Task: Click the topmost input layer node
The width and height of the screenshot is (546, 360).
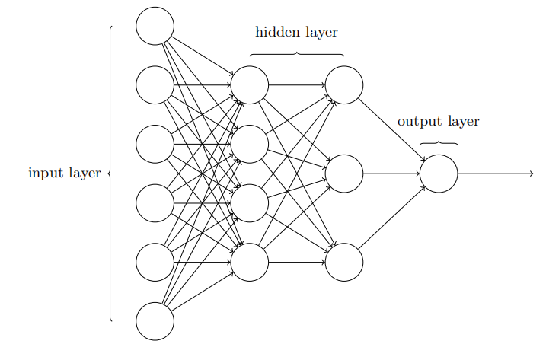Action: pyautogui.click(x=155, y=26)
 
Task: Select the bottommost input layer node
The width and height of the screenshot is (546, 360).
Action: pyautogui.click(x=155, y=320)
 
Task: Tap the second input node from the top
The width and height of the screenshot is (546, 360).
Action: pyautogui.click(x=155, y=84)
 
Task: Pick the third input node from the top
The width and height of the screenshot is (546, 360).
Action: pyautogui.click(x=155, y=144)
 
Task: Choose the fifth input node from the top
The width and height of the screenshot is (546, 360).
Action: pyautogui.click(x=155, y=262)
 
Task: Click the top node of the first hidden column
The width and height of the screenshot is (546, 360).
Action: pyautogui.click(x=250, y=84)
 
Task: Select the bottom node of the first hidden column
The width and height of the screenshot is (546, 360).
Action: pyautogui.click(x=250, y=262)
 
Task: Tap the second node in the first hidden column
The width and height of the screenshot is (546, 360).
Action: pyautogui.click(x=250, y=144)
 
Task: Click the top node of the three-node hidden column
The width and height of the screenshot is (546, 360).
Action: pyautogui.click(x=344, y=84)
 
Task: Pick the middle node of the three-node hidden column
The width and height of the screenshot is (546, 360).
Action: pyautogui.click(x=344, y=174)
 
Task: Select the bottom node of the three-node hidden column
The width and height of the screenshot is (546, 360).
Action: pyautogui.click(x=344, y=262)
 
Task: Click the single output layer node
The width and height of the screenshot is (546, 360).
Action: pyautogui.click(x=439, y=174)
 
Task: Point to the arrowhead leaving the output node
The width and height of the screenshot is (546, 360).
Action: pyautogui.click(x=531, y=174)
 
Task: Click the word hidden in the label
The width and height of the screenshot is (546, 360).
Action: pyautogui.click(x=277, y=32)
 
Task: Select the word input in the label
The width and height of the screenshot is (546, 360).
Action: pyautogui.click(x=46, y=174)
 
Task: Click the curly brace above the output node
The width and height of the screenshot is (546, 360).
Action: pyautogui.click(x=439, y=142)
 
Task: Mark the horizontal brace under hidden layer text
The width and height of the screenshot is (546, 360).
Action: pyautogui.click(x=297, y=53)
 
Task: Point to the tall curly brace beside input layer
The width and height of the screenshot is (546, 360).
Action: pyautogui.click(x=111, y=174)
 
